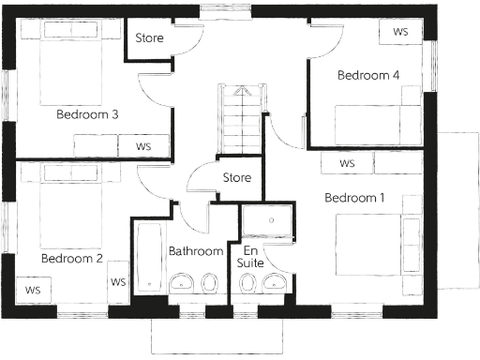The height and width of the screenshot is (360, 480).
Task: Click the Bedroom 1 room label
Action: tap(354, 198)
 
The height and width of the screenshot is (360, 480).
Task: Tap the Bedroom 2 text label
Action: tap(71, 258)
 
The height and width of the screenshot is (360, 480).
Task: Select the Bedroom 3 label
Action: tap(86, 115)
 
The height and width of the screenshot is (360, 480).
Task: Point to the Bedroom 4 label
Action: tap(368, 75)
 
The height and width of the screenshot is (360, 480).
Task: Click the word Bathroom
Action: tap(196, 251)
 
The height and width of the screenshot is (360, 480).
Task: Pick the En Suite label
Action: tap(250, 258)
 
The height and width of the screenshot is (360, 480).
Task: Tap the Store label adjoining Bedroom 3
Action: tap(150, 38)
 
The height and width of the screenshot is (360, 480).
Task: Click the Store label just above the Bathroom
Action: tap(236, 177)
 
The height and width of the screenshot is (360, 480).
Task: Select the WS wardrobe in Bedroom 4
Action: tap(400, 31)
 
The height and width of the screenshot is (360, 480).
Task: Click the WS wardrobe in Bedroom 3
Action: tap(143, 146)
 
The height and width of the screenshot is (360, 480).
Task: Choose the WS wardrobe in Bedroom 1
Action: tap(347, 163)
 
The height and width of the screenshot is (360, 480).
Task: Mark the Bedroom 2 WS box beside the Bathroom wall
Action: tap(119, 282)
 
